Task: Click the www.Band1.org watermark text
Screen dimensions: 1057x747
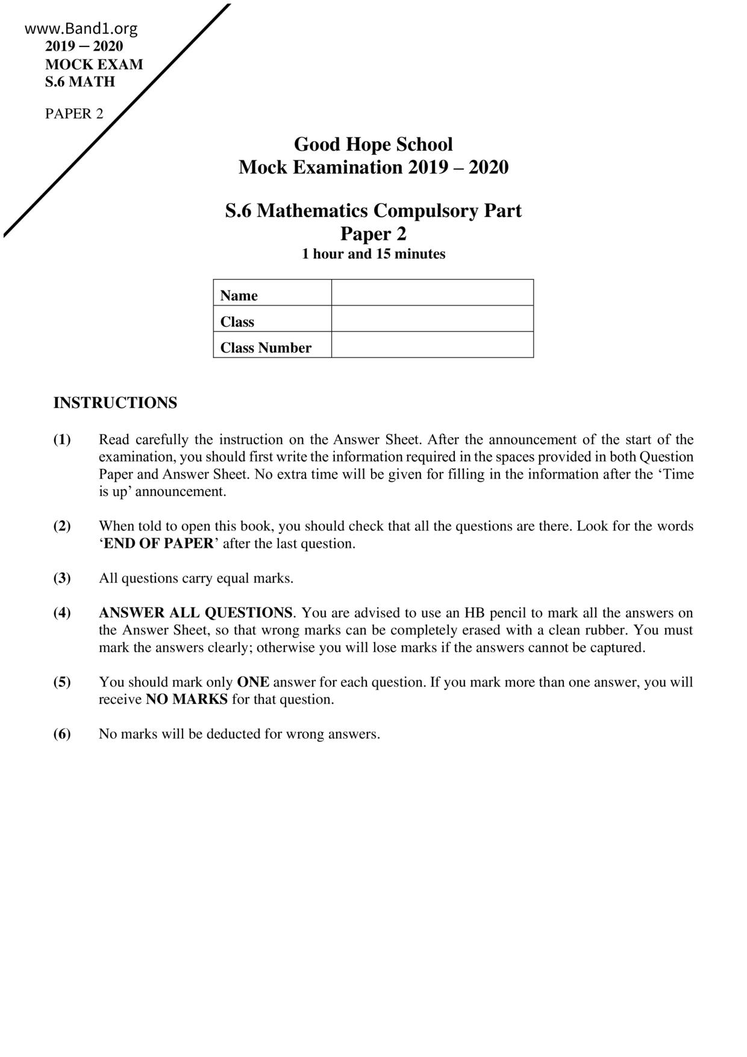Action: click(81, 28)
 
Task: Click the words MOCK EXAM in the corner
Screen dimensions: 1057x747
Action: click(94, 64)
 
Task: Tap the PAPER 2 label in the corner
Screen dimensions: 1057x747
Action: click(74, 114)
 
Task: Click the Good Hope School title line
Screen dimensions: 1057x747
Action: click(373, 145)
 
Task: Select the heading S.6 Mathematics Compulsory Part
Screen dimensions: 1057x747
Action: click(373, 211)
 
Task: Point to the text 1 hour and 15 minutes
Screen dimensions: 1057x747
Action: click(373, 254)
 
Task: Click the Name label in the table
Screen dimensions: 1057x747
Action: click(239, 295)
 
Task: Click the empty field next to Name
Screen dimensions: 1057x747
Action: click(432, 293)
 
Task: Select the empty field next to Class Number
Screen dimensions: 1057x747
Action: click(432, 345)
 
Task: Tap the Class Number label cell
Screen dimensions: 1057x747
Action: click(266, 348)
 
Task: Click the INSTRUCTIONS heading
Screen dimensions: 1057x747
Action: click(115, 403)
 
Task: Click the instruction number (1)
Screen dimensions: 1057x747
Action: click(62, 439)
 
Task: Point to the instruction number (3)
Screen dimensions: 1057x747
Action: click(62, 578)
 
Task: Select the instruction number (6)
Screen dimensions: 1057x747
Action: click(62, 734)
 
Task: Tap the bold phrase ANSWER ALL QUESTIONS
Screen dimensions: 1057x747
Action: click(196, 613)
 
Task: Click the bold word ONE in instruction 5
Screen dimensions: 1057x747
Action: click(253, 682)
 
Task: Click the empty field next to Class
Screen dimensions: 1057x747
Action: click(432, 319)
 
